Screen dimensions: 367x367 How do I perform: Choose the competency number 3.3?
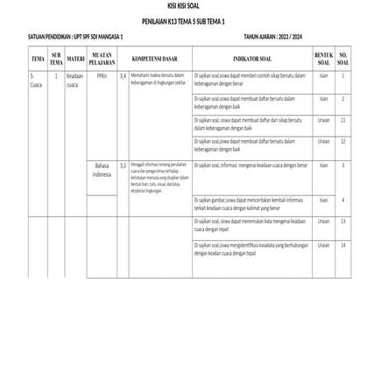click(x=124, y=165)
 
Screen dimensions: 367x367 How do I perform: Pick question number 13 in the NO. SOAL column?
click(x=343, y=222)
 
